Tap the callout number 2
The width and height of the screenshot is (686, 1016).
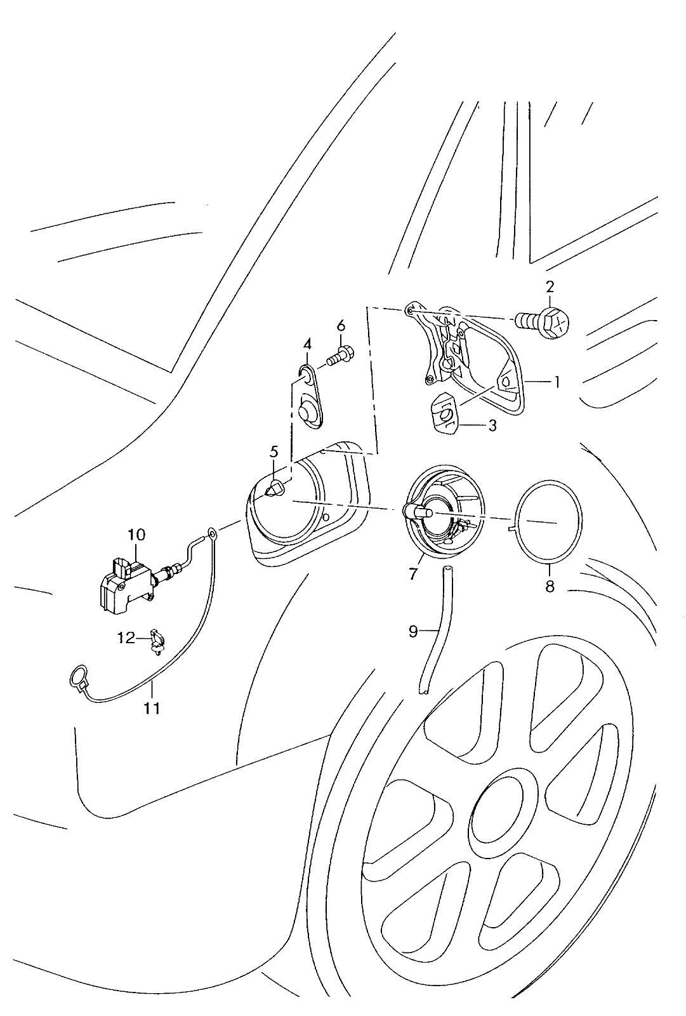click(550, 286)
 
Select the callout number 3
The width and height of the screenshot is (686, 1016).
click(492, 425)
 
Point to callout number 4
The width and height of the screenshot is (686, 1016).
click(307, 344)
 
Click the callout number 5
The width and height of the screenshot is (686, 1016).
click(274, 451)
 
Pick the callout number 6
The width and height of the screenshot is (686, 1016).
click(341, 325)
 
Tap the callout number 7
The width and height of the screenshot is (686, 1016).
click(412, 574)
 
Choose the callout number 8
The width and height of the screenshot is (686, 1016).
click(550, 586)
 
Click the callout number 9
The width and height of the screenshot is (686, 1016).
click(412, 631)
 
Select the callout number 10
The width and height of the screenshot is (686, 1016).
click(136, 535)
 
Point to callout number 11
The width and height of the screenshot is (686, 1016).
click(152, 707)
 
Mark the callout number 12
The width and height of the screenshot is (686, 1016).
click(126, 638)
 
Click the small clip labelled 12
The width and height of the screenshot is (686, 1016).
click(157, 641)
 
